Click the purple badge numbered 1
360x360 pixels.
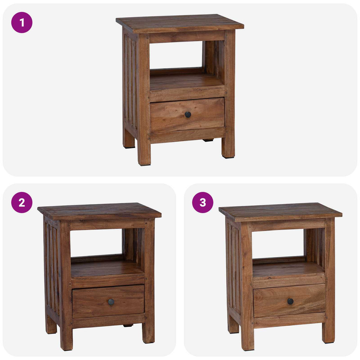click(x=22, y=22)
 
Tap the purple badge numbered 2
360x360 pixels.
click(x=22, y=202)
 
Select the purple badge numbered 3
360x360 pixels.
click(x=203, y=202)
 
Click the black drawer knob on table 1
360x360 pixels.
click(x=188, y=115)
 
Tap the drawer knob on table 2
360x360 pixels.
click(x=111, y=302)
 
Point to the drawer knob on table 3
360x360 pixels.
click(x=290, y=301)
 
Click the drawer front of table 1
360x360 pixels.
click(x=187, y=115)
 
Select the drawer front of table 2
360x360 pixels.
click(x=108, y=301)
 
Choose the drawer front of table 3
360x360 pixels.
click(x=289, y=301)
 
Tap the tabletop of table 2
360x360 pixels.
click(x=99, y=211)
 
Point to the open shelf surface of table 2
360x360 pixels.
click(x=107, y=269)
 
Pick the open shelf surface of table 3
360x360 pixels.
click(x=288, y=270)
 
